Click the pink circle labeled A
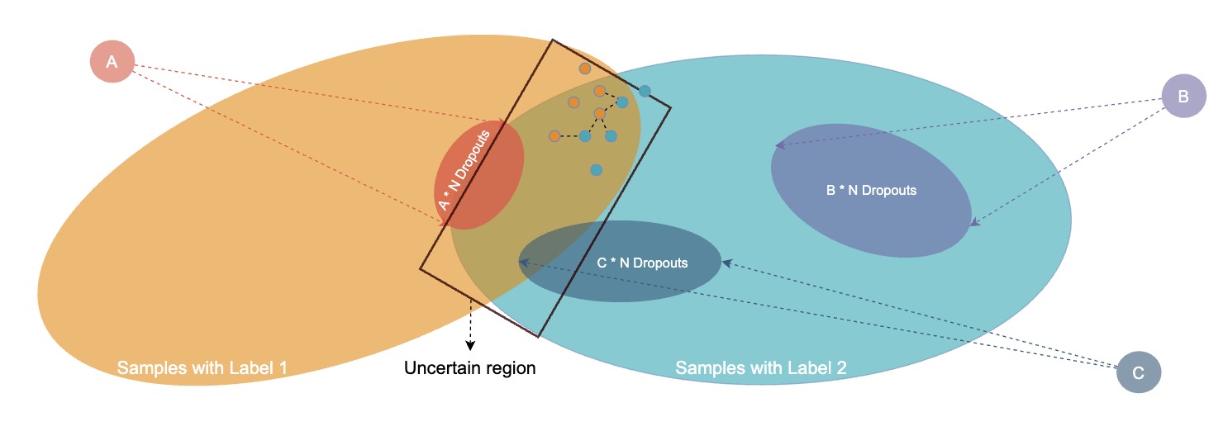[x=112, y=62]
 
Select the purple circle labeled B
[x=1183, y=96]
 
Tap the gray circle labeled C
[x=1138, y=373]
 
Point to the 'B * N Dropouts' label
[x=871, y=190]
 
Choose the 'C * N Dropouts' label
[x=642, y=263]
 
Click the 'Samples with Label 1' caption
[x=202, y=367]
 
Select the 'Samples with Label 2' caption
[x=761, y=367]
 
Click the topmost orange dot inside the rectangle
[x=584, y=69]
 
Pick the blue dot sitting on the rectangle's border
[x=645, y=91]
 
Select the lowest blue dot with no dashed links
[x=596, y=170]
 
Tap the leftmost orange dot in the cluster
[x=554, y=135]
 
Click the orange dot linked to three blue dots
[x=600, y=113]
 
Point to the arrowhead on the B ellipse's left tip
[x=778, y=146]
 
